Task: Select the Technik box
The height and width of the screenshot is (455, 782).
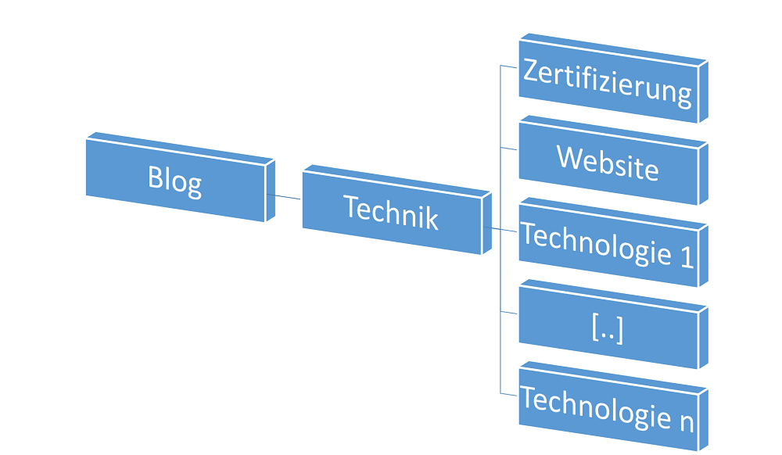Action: (392, 212)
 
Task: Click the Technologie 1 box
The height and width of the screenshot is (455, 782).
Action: (607, 245)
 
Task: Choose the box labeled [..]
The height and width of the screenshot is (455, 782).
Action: (607, 328)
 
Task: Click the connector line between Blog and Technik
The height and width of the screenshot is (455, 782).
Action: (285, 196)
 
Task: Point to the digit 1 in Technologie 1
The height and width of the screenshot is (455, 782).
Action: (685, 259)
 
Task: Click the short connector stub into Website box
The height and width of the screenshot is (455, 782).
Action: (508, 148)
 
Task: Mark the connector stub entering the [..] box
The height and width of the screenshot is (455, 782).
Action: (508, 312)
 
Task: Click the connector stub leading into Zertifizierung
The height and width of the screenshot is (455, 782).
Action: (508, 66)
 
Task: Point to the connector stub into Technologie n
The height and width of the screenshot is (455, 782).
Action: (508, 394)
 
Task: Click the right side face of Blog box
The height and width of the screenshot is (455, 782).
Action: (270, 191)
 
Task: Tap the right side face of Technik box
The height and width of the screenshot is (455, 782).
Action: (487, 224)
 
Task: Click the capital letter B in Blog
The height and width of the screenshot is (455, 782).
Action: (156, 177)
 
